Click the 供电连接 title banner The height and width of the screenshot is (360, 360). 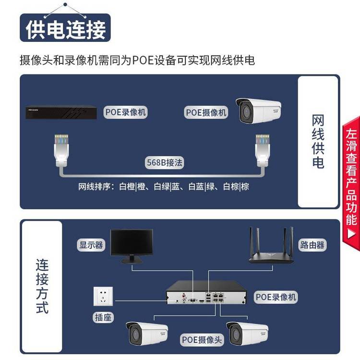65,29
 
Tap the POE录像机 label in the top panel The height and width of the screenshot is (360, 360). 125,112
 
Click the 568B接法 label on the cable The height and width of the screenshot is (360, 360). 164,163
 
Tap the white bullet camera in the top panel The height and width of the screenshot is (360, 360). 257,110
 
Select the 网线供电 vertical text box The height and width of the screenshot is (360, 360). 318,142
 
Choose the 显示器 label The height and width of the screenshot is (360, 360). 91,245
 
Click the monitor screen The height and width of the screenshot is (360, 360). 132,242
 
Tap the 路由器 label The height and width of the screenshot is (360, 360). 312,245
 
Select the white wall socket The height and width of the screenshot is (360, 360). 103,296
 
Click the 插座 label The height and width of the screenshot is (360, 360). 103,317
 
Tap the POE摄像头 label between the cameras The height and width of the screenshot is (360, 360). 202,340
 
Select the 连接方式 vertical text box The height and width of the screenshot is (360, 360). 42,287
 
